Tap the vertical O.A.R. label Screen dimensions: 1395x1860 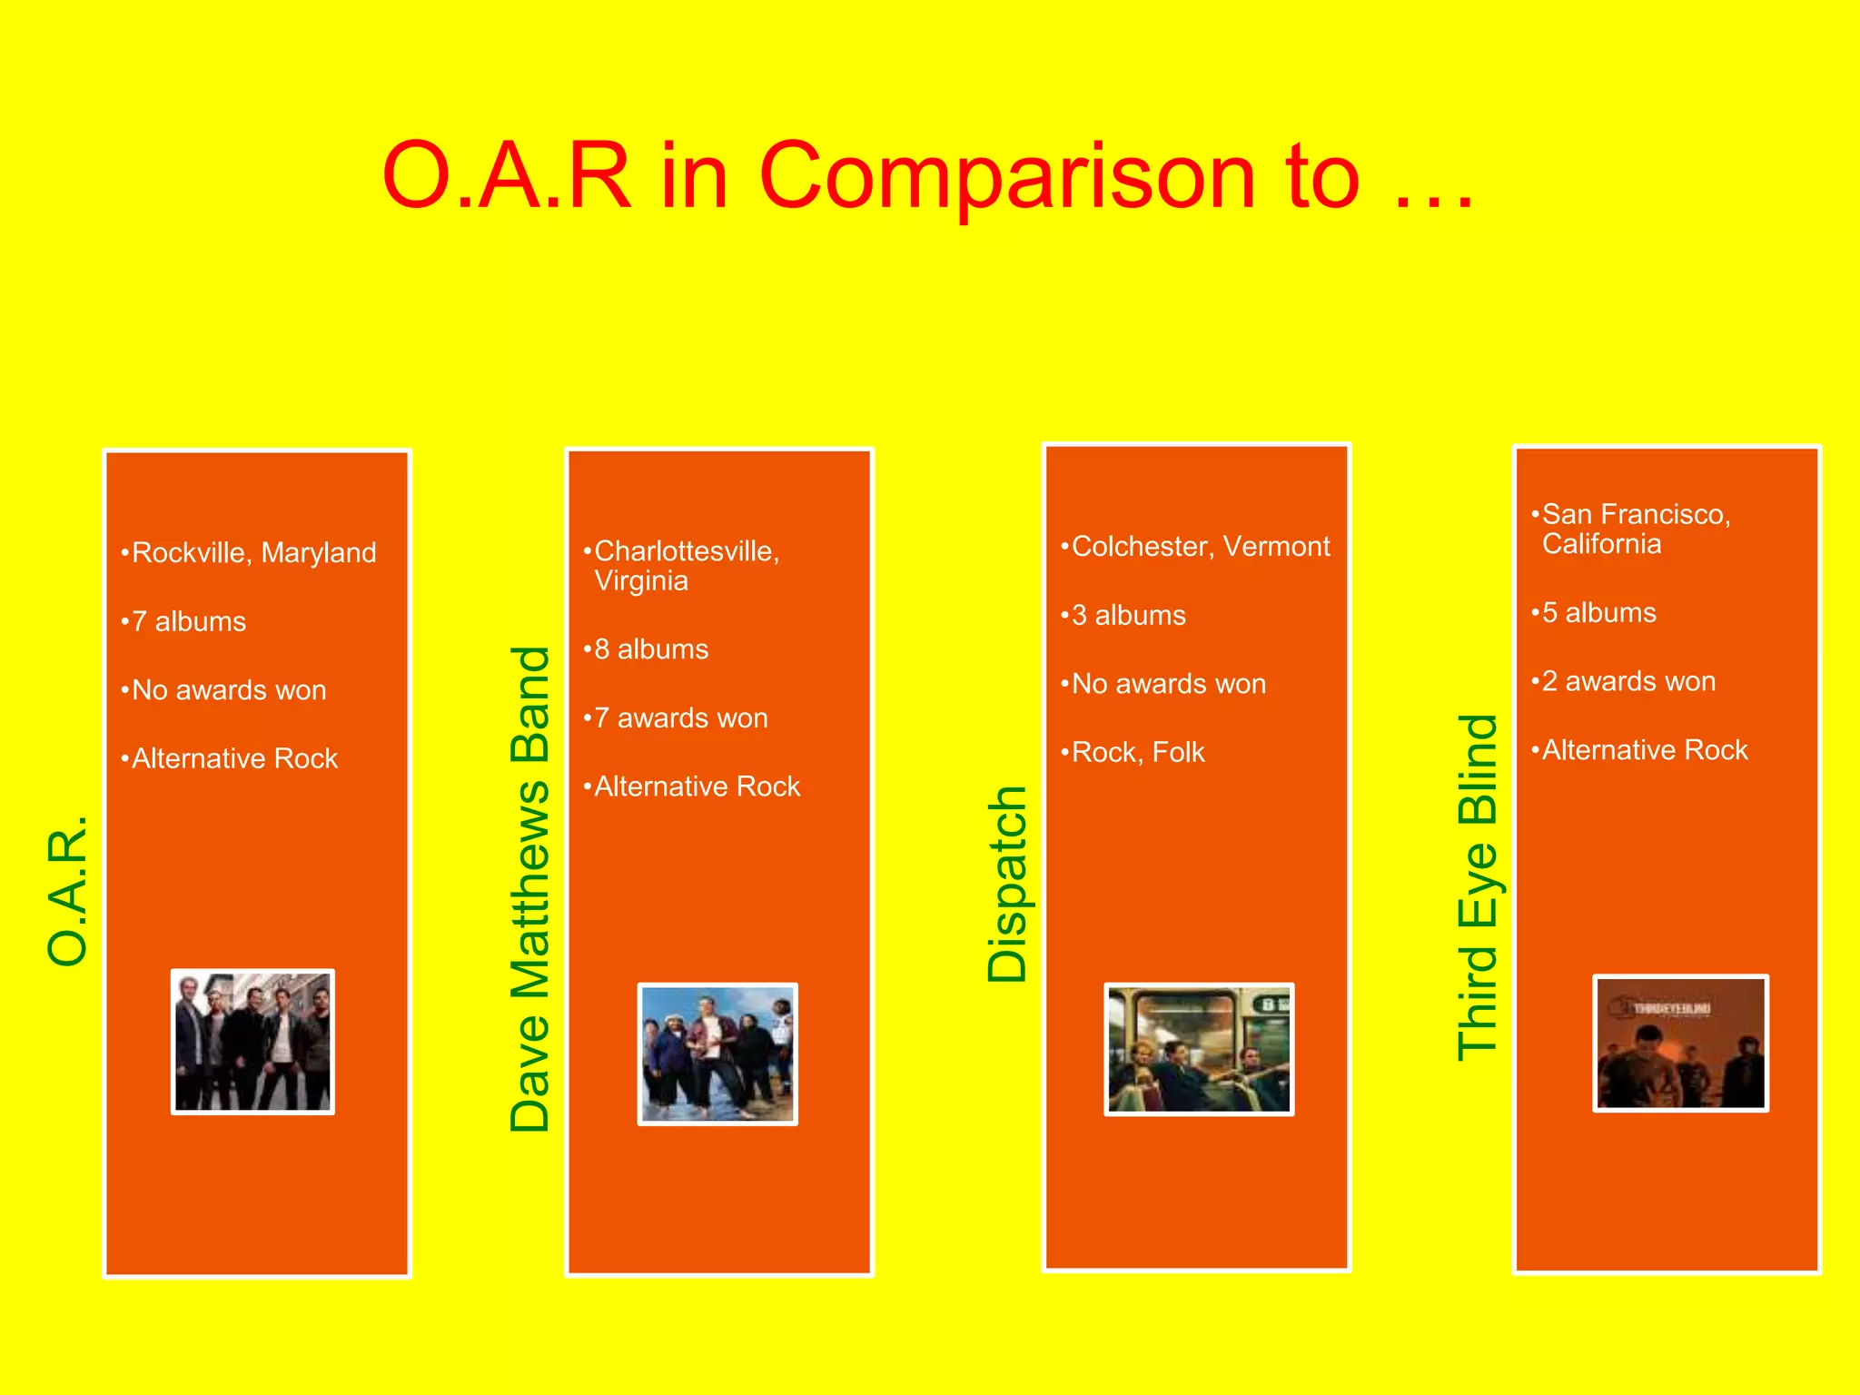[x=68, y=891]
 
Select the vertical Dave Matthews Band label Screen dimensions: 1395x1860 [x=530, y=889]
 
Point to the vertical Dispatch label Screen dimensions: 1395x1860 [x=1007, y=885]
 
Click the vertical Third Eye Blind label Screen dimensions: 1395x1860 [x=1478, y=887]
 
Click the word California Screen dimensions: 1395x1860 [x=1601, y=545]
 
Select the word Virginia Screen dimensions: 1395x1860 [x=641, y=581]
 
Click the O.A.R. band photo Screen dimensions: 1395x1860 [x=252, y=1042]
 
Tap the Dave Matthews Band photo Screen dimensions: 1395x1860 [x=717, y=1054]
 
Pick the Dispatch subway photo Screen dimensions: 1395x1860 [x=1199, y=1050]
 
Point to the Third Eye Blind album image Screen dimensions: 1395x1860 [x=1680, y=1043]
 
